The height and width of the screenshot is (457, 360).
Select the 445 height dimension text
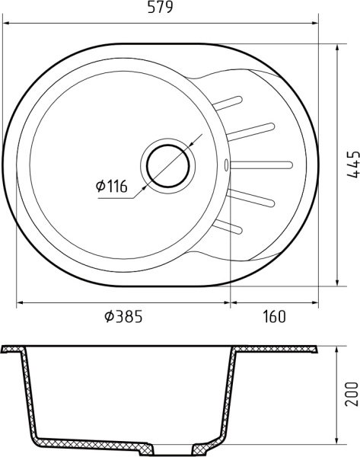point(351,164)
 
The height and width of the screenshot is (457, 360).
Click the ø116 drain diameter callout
point(111,185)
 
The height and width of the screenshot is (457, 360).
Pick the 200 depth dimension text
point(351,394)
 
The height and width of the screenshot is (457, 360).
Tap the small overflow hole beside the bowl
point(227,162)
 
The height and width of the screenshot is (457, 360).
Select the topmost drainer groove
point(229,102)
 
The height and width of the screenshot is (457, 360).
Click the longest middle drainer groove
point(261,162)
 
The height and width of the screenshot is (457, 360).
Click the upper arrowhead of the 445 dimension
point(338,47)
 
